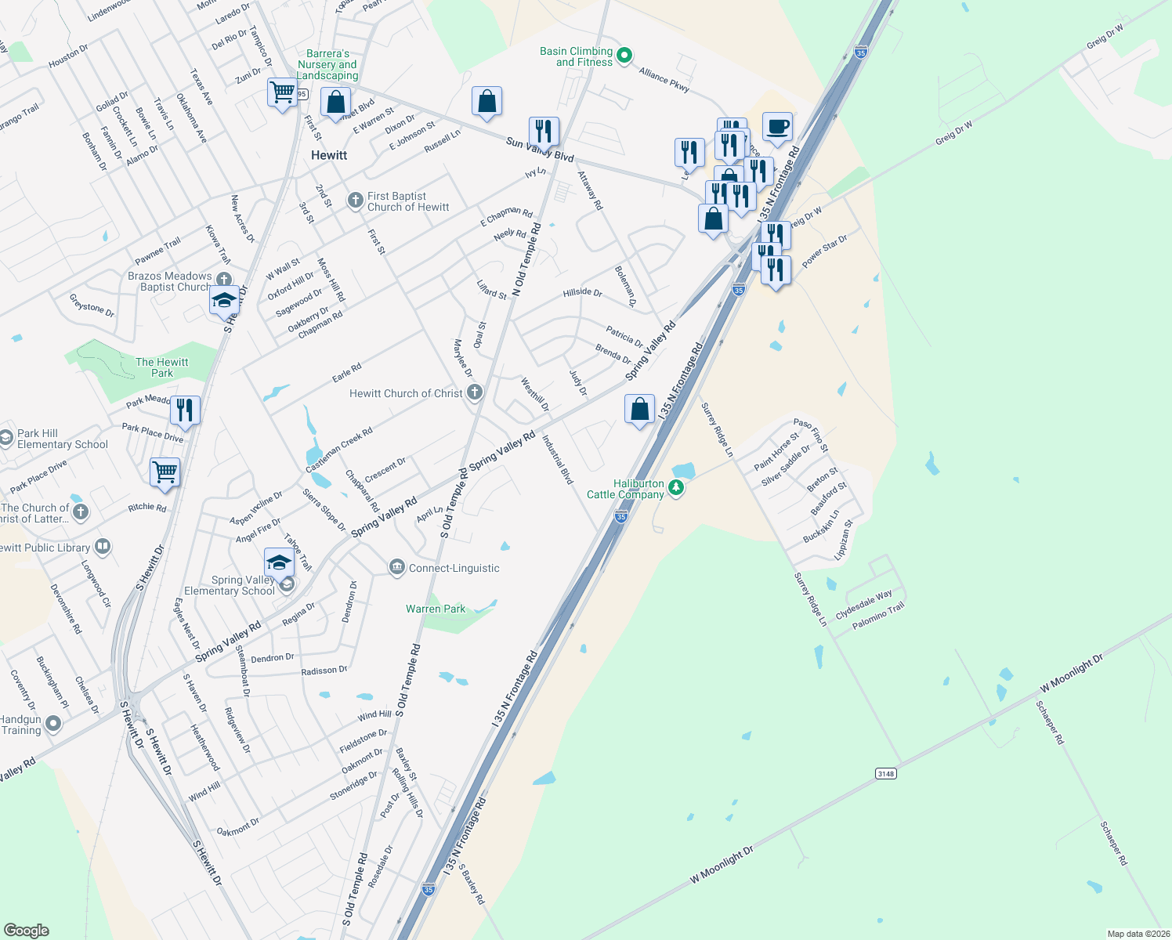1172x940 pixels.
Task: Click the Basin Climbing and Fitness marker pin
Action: [624, 56]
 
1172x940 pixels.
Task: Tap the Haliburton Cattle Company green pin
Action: [676, 489]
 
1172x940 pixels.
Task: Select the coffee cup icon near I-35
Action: [776, 127]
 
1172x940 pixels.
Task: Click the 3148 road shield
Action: [885, 774]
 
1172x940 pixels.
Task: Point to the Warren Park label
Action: [436, 609]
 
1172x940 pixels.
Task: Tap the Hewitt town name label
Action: [329, 155]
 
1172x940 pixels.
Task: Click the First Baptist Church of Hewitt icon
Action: [355, 201]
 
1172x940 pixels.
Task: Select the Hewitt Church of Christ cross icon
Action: [475, 392]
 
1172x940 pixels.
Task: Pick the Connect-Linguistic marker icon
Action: [396, 567]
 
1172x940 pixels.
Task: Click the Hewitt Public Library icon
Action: [103, 547]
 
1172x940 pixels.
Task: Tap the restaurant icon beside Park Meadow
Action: [185, 410]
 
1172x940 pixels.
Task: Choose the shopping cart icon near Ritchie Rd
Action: [165, 472]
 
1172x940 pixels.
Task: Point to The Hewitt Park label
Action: [162, 367]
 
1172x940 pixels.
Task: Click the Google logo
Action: [26, 931]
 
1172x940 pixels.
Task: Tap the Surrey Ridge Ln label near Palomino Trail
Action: [811, 600]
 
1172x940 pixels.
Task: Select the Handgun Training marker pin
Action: [53, 724]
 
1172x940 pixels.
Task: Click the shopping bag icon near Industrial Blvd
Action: [639, 409]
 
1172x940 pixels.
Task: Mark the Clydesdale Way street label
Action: [864, 604]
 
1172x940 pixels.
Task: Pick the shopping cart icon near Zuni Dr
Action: [281, 92]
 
